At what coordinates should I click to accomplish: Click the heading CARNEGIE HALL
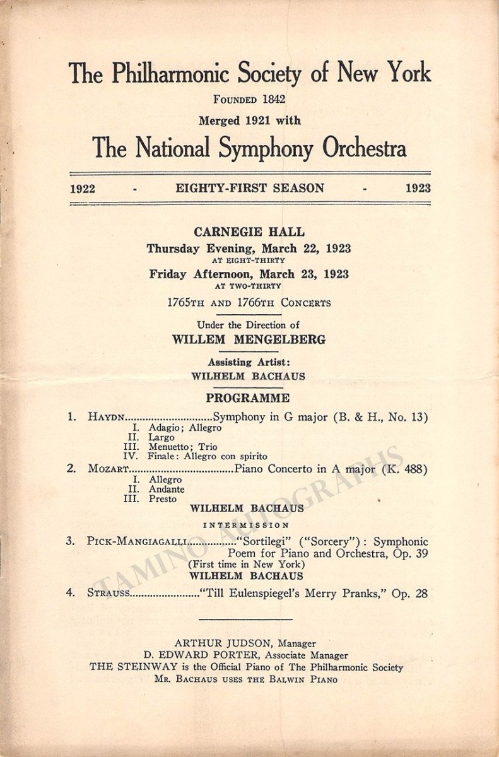[249, 232]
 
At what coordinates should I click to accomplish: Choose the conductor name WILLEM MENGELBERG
[249, 339]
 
